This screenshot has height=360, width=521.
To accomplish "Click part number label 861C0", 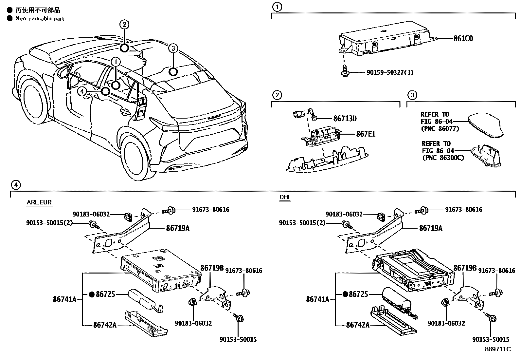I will pos(463,39).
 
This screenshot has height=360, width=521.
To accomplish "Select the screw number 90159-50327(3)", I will pos(385,72).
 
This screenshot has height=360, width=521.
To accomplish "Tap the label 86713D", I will pos(345,119).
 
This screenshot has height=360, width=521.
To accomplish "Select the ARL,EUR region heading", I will pos(39,202).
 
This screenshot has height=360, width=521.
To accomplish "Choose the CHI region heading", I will pos(285,197).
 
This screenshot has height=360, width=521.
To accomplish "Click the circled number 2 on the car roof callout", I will pos(124,24).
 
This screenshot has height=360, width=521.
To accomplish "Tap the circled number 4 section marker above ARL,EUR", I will pos(15,185).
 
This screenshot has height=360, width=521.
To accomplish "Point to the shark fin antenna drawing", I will pos(486,125).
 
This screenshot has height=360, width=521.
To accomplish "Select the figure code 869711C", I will pos(497,349).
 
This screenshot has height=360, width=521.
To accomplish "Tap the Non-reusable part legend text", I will pos(40,19).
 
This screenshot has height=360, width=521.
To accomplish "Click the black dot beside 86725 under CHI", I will pos(345,294).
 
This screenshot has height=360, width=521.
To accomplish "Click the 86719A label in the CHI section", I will pos(431,228).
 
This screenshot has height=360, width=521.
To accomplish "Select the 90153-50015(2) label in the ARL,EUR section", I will pos(49,223).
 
